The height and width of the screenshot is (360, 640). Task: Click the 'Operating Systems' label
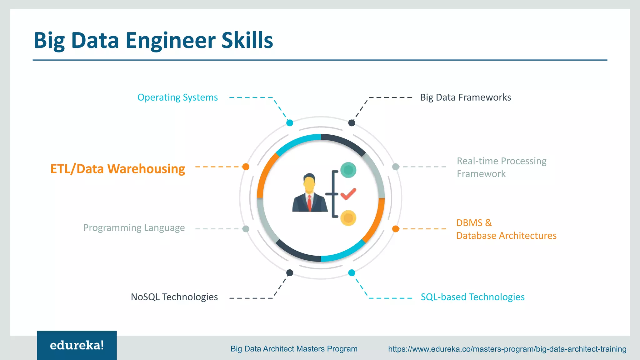point(177,97)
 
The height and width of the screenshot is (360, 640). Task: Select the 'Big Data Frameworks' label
point(465,97)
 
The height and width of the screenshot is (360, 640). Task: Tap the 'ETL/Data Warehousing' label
point(117,169)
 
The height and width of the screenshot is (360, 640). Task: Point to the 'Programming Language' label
point(134,228)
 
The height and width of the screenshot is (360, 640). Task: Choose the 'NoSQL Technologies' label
point(174,297)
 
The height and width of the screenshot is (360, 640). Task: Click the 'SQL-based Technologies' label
point(472,297)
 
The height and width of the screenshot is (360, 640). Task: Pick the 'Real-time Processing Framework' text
point(501,167)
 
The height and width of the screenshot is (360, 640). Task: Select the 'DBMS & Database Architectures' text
point(506,229)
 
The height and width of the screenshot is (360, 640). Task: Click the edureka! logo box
point(77,345)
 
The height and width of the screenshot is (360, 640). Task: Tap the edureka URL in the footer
point(507,349)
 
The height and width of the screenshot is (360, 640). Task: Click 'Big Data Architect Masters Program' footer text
point(294,349)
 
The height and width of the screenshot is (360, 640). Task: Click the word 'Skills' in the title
point(247,40)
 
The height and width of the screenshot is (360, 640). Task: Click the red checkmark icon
point(348,194)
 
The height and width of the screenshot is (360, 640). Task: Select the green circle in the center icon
point(348,170)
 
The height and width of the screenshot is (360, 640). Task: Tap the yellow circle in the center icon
point(348,218)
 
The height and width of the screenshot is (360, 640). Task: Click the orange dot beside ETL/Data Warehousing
point(246,167)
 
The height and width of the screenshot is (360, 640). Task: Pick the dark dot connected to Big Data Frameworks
point(352,123)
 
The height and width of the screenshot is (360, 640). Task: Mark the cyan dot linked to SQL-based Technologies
point(352,273)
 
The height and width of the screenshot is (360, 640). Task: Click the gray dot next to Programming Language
point(246,229)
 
